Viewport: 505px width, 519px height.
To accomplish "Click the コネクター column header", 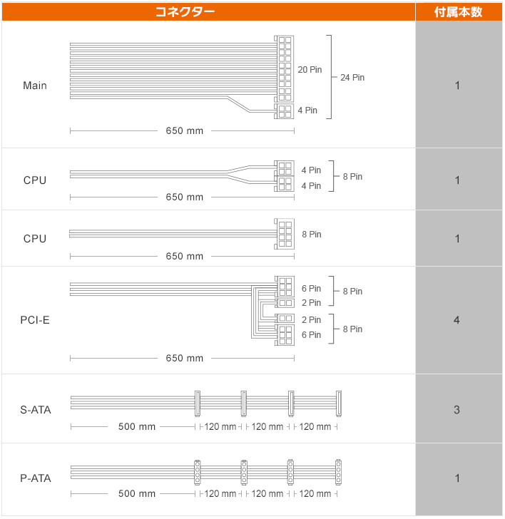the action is (x=185, y=12).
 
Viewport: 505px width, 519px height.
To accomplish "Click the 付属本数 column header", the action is (x=458, y=12).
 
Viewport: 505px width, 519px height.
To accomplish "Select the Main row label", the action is (x=35, y=86).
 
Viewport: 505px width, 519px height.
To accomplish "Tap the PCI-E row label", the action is (x=35, y=320).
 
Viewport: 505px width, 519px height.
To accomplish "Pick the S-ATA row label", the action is (x=36, y=410).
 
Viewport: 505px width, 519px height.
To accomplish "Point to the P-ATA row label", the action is (x=36, y=478).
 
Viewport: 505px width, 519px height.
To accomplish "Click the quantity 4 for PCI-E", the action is (x=456, y=320).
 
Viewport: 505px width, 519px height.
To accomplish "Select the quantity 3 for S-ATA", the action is (x=456, y=410).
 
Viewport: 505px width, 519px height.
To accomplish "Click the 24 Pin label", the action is (x=352, y=78).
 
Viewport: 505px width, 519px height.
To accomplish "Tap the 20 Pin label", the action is (x=310, y=70).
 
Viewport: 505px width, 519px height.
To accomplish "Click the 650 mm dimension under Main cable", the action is (x=185, y=130).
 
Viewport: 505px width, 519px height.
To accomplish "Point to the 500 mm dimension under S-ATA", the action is (x=137, y=426).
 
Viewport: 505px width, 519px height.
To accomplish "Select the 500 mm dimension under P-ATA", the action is (x=137, y=494).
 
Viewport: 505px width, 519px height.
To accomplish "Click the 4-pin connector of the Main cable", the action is (x=284, y=111).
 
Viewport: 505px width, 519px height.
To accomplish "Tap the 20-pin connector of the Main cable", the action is (x=284, y=68).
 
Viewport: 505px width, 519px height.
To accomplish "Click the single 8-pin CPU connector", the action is (x=284, y=234).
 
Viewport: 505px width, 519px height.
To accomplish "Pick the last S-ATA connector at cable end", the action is (x=338, y=404).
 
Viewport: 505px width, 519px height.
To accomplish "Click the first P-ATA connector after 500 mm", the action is (x=198, y=473).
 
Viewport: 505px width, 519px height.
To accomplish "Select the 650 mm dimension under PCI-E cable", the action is (x=185, y=358).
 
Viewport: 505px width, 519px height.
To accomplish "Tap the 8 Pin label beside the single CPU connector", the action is (x=311, y=235).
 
